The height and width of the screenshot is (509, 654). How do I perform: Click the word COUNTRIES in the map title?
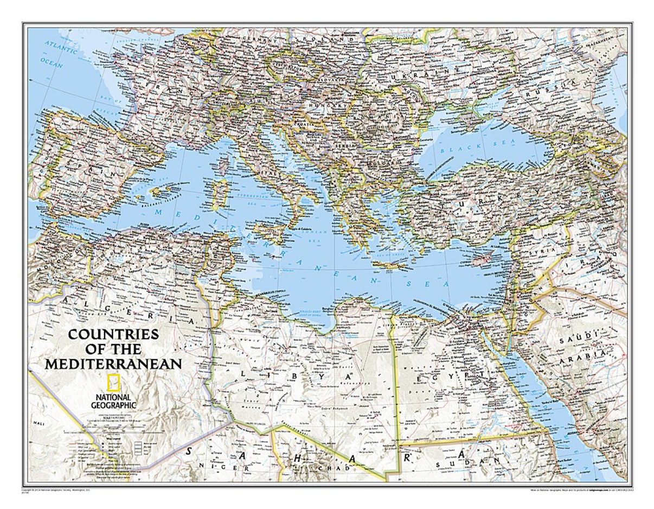pos(113,334)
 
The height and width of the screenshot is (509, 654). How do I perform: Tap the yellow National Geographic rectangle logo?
pos(113,383)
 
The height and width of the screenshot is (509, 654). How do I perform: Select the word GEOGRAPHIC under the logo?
pos(114,404)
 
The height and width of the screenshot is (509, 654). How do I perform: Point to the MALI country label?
pos(39,422)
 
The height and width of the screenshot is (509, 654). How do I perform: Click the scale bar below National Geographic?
pos(114,432)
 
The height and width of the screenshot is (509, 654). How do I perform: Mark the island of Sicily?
pos(268,233)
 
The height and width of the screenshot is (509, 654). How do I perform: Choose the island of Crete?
pos(390,265)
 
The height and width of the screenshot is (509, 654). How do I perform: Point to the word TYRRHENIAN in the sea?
pos(246,196)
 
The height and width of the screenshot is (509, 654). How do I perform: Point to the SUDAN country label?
pos(478,461)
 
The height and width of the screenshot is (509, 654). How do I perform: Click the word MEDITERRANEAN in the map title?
pos(113,364)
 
